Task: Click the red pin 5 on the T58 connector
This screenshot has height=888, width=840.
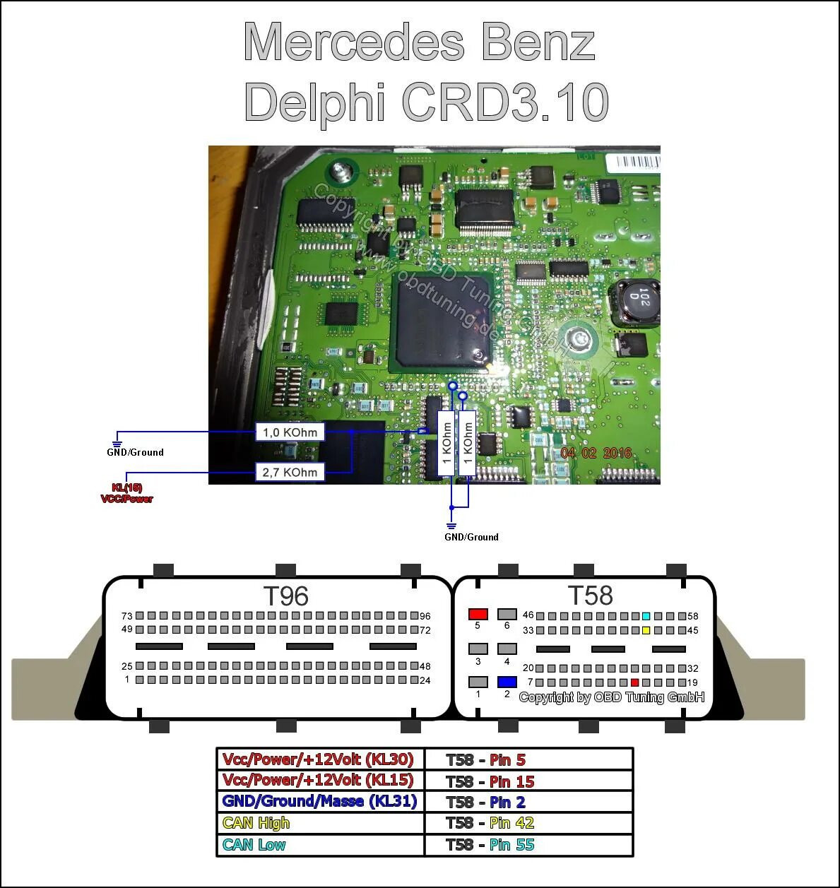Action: (478, 614)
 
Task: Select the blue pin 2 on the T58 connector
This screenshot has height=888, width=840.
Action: (507, 682)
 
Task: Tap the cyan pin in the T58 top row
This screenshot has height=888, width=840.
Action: (646, 616)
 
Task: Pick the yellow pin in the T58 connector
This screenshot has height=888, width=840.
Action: (646, 630)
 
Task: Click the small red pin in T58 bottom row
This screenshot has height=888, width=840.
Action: (634, 682)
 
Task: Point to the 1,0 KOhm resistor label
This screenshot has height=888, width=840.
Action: (290, 432)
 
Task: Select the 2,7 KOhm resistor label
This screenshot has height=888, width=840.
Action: (290, 472)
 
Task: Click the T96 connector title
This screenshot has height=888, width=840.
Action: (285, 596)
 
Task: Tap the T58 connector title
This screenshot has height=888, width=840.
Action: (590, 596)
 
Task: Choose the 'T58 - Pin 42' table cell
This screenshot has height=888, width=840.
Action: (528, 823)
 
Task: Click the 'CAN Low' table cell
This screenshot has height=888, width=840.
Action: (320, 845)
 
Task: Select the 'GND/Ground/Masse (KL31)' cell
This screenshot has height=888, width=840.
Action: (320, 801)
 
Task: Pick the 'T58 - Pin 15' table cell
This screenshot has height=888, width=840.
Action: (528, 781)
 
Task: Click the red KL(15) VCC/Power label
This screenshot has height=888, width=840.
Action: (127, 493)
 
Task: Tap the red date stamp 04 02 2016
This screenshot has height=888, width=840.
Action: (596, 453)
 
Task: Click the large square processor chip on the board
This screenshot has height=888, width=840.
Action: (439, 321)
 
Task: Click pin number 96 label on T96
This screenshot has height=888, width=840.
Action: (425, 616)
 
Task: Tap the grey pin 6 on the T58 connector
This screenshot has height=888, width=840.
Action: (507, 614)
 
